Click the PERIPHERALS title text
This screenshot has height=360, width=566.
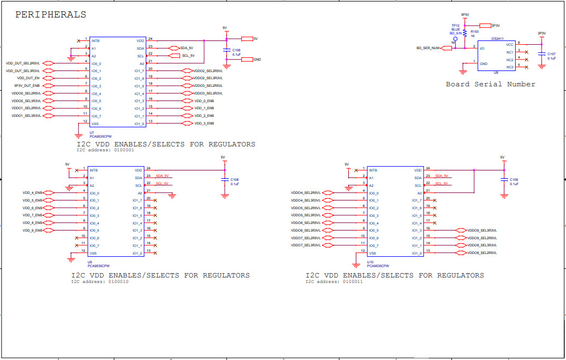(x=50, y=15)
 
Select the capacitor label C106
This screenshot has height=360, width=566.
(x=236, y=50)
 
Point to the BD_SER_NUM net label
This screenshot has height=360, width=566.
(x=428, y=48)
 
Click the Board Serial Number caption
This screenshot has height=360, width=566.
(x=490, y=84)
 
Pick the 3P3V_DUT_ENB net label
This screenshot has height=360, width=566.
(x=27, y=86)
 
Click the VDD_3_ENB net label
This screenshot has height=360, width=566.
(x=204, y=123)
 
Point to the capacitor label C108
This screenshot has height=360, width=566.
(x=235, y=180)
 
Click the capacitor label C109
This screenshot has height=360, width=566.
(x=514, y=180)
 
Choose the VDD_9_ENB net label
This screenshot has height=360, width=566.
(x=32, y=231)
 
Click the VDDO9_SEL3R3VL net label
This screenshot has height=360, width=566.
(x=482, y=231)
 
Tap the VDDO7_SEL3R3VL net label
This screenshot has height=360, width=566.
(x=305, y=246)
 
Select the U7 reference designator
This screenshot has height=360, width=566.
(x=92, y=133)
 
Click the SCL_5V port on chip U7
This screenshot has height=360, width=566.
(x=188, y=56)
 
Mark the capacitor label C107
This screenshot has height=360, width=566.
(x=551, y=54)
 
